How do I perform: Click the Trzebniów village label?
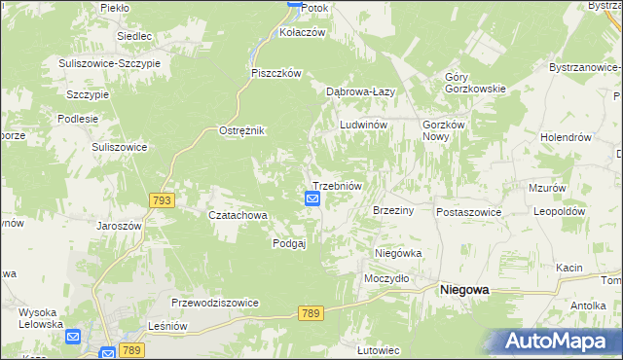tap(337, 186)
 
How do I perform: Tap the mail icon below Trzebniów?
tap(312, 198)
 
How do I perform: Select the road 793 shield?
tap(163, 200)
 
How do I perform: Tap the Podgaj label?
tap(289, 244)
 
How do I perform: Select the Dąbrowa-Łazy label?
tap(359, 91)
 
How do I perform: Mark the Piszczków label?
tap(278, 73)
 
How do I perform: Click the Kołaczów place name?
tap(302, 31)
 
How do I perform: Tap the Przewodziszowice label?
tap(214, 303)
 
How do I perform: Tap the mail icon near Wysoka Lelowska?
tap(74, 337)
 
